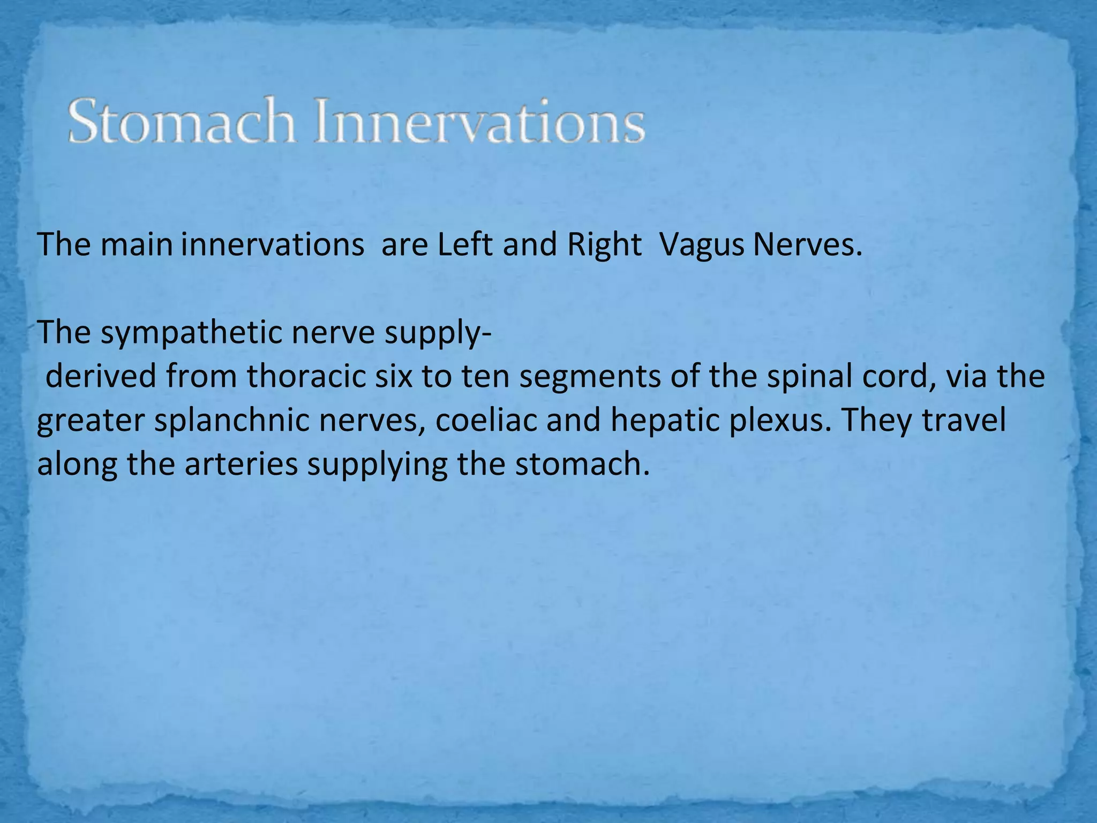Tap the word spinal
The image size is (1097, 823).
809,376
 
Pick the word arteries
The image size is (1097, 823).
242,464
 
